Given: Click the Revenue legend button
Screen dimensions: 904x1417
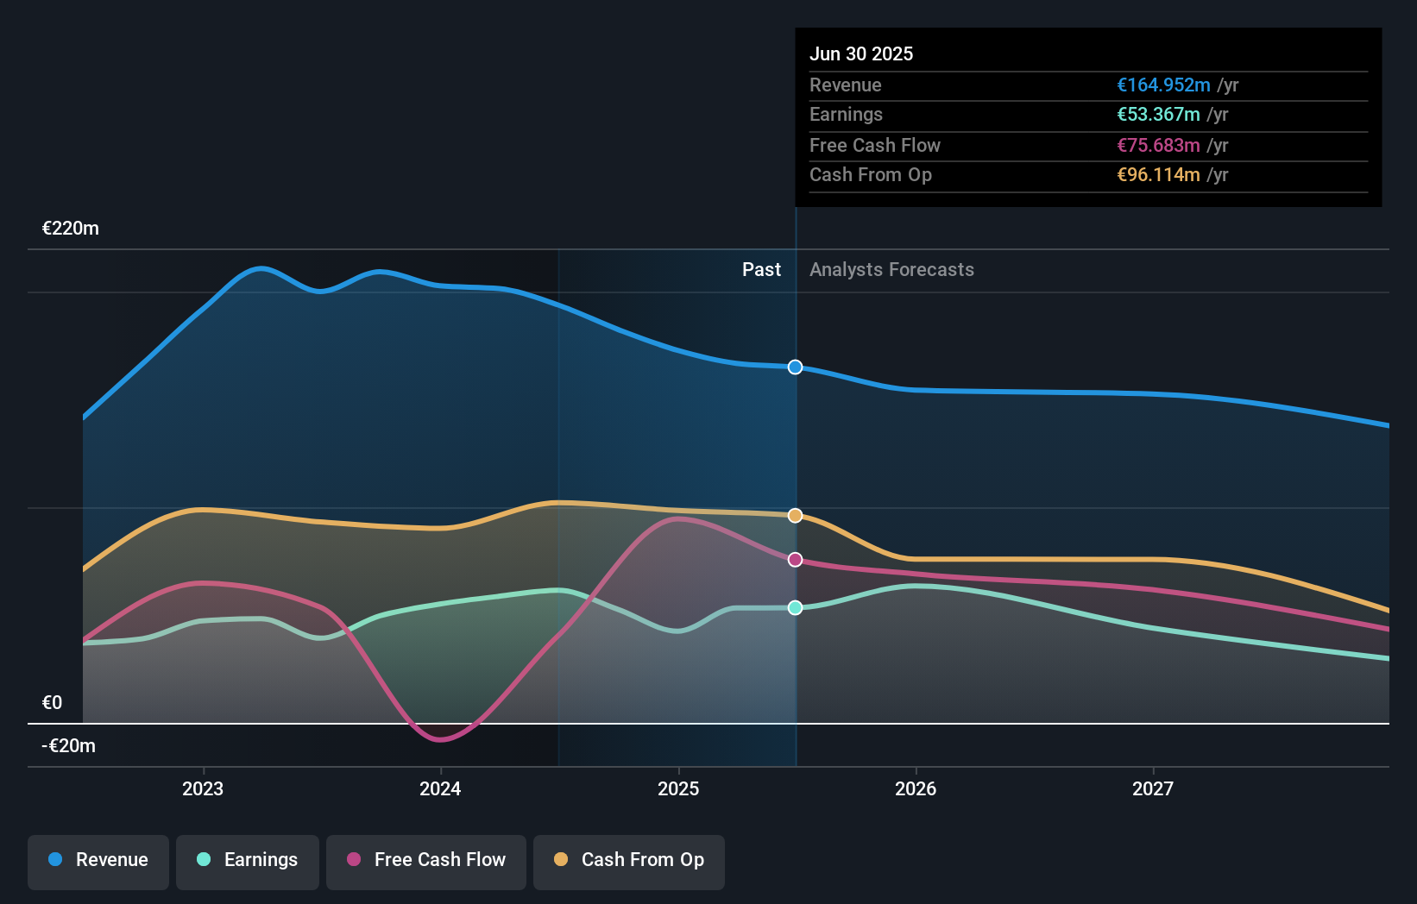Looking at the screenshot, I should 98,860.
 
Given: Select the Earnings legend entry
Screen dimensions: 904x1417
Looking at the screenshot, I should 248,860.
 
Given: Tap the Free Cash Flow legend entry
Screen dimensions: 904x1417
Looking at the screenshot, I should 426,860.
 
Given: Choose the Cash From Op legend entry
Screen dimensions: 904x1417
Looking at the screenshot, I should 629,860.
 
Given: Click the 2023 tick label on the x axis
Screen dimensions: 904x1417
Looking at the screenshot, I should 203,788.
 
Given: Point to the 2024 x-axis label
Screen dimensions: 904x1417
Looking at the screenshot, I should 440,788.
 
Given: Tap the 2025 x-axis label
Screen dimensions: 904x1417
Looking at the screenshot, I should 678,788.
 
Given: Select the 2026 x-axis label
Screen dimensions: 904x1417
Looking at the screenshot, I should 916,788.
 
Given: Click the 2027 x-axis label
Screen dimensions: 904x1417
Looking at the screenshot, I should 1153,788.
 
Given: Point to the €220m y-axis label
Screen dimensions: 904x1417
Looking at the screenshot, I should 71,229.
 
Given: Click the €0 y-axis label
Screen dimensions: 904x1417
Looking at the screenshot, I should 53,703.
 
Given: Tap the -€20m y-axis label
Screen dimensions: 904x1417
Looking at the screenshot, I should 69,746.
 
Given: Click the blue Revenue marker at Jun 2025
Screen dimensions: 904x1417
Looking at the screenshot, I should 796,367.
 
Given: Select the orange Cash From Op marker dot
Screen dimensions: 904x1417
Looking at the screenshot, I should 796,516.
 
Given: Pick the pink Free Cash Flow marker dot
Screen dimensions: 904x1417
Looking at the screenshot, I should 796,560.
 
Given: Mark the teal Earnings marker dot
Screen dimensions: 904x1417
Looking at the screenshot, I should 796,608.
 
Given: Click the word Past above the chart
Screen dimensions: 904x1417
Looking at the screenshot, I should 761,270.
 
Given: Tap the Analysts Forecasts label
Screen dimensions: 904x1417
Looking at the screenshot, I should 891,270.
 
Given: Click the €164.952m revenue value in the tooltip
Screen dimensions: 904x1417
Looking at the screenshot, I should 1163,85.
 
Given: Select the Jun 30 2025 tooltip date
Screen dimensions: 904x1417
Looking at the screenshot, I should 861,54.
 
